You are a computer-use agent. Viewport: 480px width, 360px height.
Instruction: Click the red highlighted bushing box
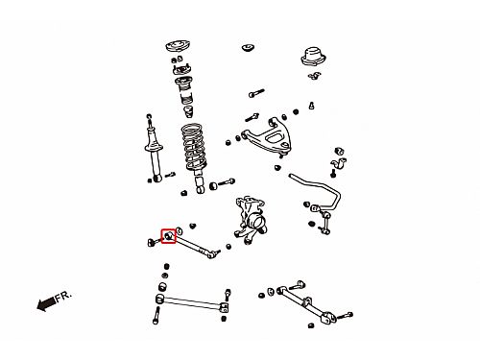pyautogui.click(x=168, y=236)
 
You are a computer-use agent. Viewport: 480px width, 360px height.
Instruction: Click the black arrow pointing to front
pyautogui.click(x=46, y=303)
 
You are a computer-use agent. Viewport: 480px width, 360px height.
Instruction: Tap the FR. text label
pyautogui.click(x=63, y=297)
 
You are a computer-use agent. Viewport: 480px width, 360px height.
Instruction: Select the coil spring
pyautogui.click(x=193, y=147)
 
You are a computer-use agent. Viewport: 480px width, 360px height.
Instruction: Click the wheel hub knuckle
pyautogui.click(x=252, y=219)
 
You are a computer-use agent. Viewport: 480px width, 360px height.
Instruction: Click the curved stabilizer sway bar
pyautogui.click(x=320, y=189)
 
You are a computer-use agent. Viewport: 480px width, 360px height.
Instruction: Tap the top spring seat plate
pyautogui.click(x=178, y=46)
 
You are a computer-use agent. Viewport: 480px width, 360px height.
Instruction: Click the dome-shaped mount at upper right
pyautogui.click(x=313, y=57)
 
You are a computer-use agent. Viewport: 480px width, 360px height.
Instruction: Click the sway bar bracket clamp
pyautogui.click(x=339, y=164)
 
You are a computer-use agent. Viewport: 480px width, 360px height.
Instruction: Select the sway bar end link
pyautogui.click(x=324, y=221)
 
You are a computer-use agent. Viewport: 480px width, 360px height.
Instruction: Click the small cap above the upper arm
pyautogui.click(x=248, y=47)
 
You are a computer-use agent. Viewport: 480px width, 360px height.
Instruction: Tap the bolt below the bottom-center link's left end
pyautogui.click(x=156, y=316)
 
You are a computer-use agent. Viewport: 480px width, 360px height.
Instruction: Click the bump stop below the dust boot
pyautogui.click(x=189, y=112)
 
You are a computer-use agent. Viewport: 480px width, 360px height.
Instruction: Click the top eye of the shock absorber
pyautogui.click(x=149, y=116)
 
